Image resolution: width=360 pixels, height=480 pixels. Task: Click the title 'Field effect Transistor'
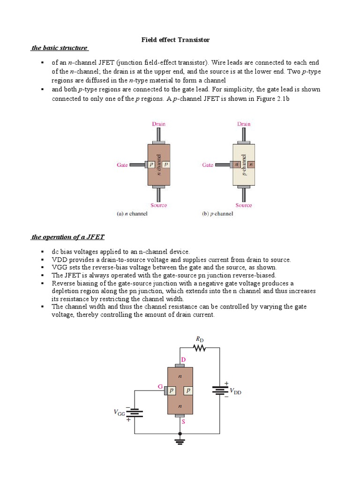[176, 40]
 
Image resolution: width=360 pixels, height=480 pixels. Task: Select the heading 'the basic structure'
[60, 48]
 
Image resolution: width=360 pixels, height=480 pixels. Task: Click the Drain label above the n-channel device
[158, 124]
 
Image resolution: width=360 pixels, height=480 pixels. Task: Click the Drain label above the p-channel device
[244, 124]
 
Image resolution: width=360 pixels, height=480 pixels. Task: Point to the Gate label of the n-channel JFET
[122, 165]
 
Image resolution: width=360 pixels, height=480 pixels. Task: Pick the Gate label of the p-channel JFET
[208, 165]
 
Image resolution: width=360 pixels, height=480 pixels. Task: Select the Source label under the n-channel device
[158, 205]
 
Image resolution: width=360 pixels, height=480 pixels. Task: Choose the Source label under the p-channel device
[244, 205]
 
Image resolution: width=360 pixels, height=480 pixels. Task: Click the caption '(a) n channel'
[132, 214]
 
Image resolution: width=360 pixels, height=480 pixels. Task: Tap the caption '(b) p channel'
[217, 214]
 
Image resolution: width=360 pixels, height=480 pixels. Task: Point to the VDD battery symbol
[220, 390]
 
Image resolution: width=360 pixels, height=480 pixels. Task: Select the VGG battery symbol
[135, 412]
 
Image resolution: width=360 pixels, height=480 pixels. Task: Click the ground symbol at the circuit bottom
[180, 441]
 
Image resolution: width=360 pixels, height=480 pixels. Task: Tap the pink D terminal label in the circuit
[183, 359]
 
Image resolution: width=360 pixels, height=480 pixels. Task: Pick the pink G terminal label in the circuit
[160, 387]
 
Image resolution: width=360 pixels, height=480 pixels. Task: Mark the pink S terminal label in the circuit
[183, 422]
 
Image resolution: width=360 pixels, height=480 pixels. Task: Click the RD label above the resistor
[200, 338]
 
